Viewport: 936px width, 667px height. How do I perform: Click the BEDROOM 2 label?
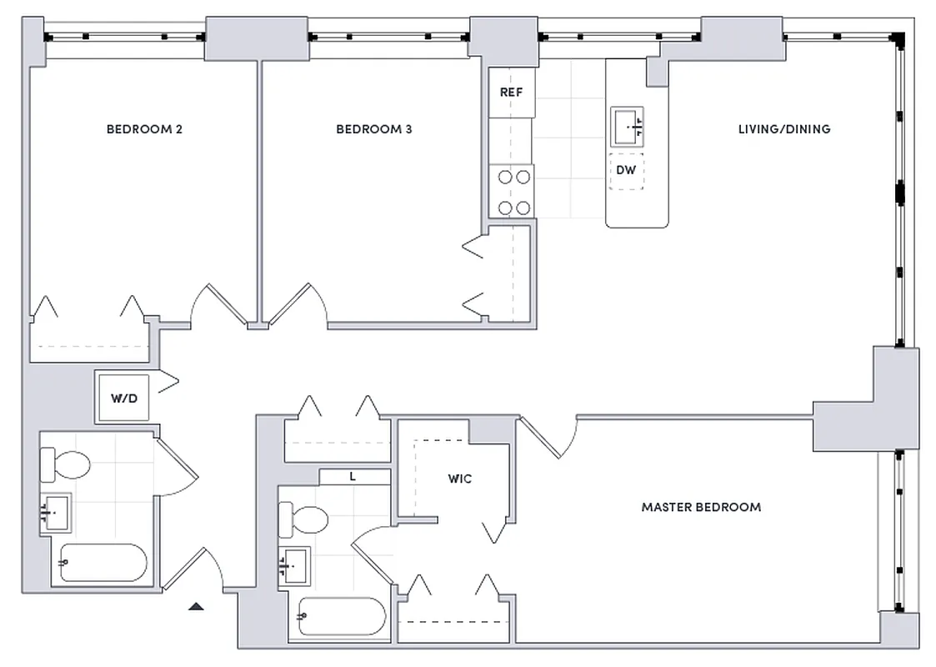tap(144, 129)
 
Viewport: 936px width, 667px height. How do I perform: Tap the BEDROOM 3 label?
tap(373, 129)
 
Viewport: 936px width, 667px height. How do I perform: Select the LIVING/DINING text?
tap(783, 129)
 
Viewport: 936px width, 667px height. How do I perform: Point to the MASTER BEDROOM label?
tap(700, 507)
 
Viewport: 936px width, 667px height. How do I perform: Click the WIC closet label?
tap(459, 479)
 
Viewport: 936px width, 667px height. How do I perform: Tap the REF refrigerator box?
tap(511, 92)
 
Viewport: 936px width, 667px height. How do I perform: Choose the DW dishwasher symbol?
tap(626, 170)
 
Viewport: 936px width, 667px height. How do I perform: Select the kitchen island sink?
tap(627, 125)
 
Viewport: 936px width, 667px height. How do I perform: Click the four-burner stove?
tap(511, 192)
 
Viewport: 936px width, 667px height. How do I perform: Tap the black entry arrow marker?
tap(196, 606)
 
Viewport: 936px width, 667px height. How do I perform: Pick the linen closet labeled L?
tap(353, 477)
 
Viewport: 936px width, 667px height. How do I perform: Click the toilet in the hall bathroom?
tap(66, 464)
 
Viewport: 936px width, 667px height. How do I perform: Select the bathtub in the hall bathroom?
tap(103, 563)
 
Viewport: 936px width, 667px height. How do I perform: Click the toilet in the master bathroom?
tap(303, 519)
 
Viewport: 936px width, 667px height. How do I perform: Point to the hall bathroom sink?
tap(56, 511)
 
